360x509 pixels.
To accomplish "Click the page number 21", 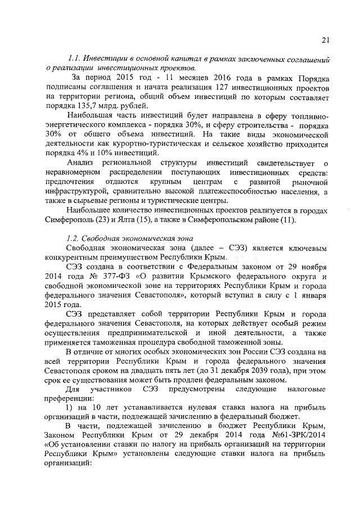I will pos(325,40).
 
